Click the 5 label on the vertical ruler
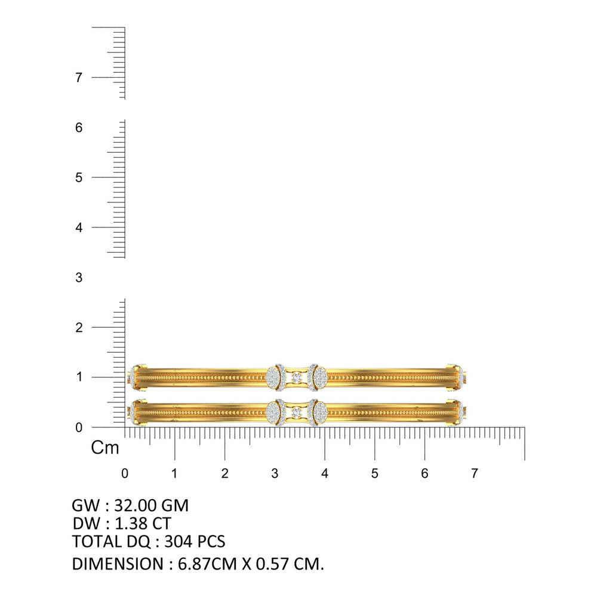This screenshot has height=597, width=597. tap(79, 177)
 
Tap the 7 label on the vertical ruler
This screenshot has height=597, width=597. tap(79, 78)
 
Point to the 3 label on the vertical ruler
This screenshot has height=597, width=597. tap(79, 278)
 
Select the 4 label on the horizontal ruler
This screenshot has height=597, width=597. tap(324, 473)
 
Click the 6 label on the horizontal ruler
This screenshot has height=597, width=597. tap(424, 473)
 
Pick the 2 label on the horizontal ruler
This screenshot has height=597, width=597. tap(224, 473)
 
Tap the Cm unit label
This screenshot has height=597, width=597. tap(104, 448)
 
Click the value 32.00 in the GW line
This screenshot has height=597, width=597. tap(135, 506)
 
